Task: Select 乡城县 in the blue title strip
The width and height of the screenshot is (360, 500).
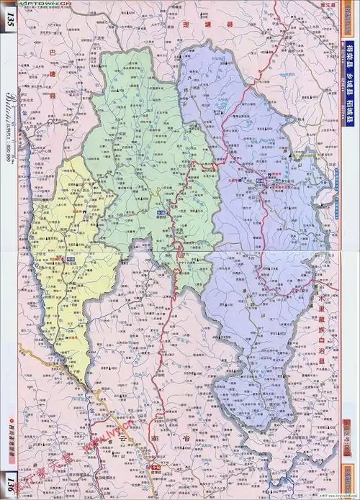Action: [350, 85]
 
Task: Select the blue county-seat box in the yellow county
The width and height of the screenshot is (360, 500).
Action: [71, 257]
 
